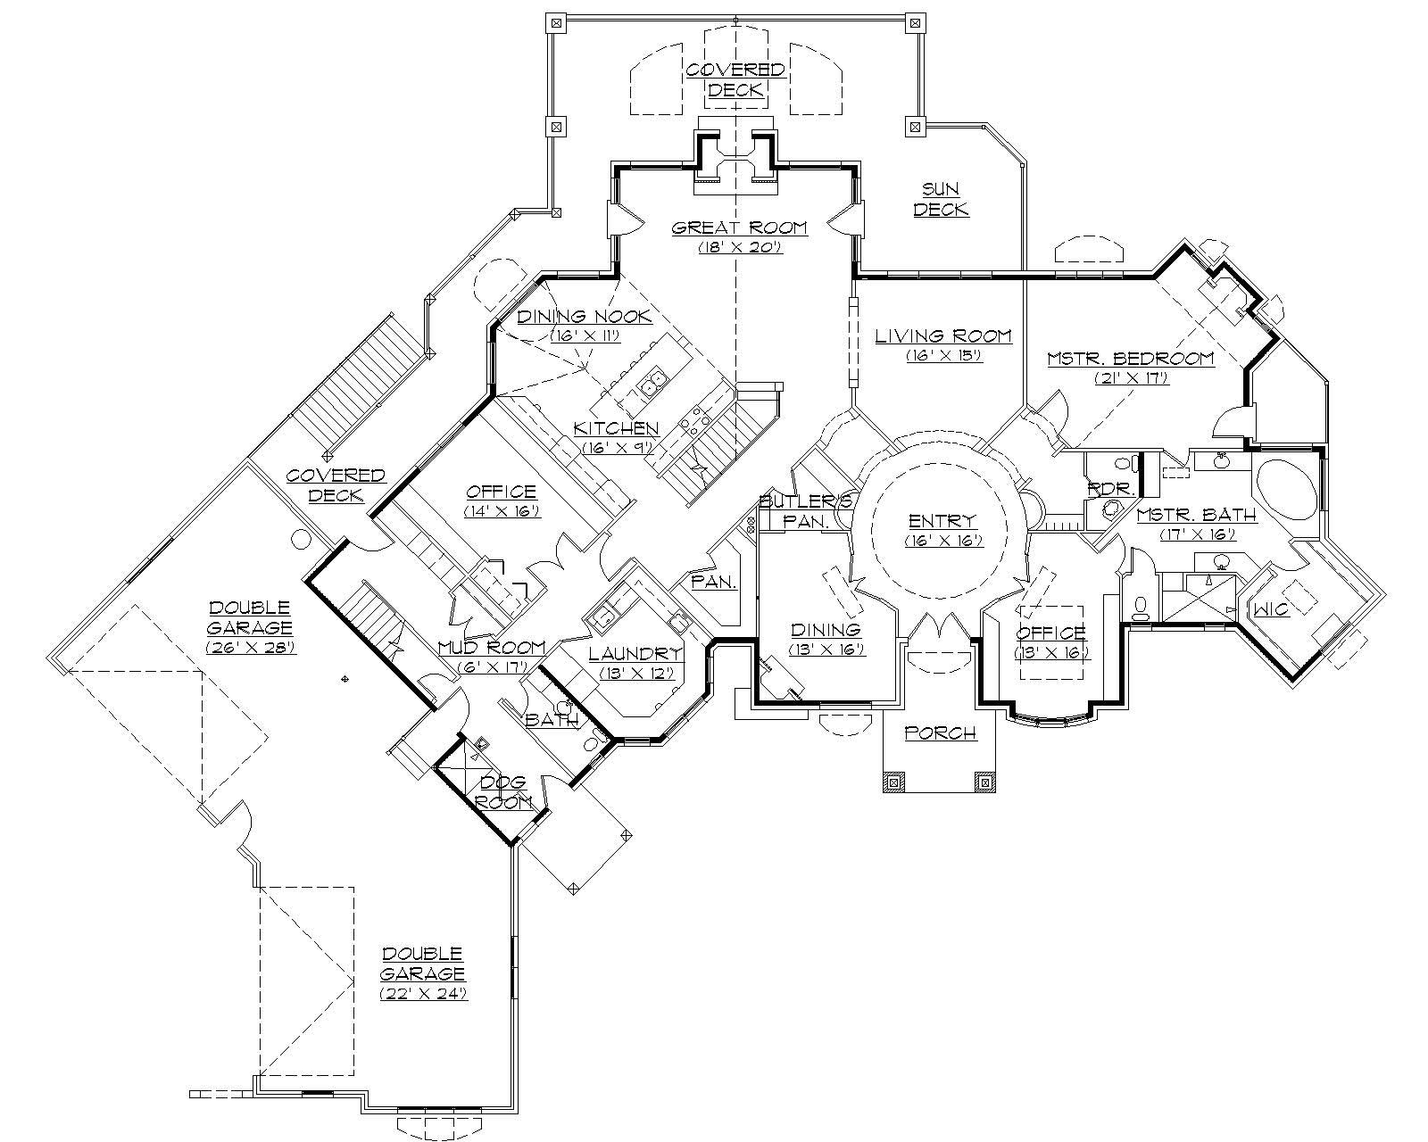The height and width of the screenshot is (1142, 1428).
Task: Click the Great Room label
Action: point(739,228)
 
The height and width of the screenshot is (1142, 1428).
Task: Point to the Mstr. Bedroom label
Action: point(1130,359)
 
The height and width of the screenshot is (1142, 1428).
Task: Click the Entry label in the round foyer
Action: point(942,521)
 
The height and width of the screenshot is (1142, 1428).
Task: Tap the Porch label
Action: point(940,733)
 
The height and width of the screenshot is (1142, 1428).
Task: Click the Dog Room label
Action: point(504,792)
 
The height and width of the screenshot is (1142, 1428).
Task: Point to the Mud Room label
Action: point(491,648)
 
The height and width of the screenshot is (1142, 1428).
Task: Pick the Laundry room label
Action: point(635,654)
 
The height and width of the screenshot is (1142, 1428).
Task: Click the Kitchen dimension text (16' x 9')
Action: point(617,448)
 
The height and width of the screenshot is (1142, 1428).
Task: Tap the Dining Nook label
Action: point(585,317)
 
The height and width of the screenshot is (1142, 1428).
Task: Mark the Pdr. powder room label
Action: point(1109,490)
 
